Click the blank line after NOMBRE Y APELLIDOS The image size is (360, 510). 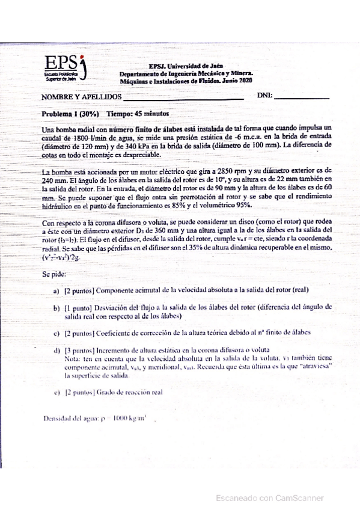tap(183, 97)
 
